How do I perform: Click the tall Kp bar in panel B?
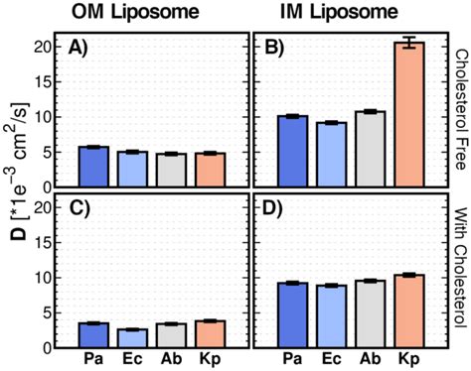(408, 116)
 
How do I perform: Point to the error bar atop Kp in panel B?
(408, 43)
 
